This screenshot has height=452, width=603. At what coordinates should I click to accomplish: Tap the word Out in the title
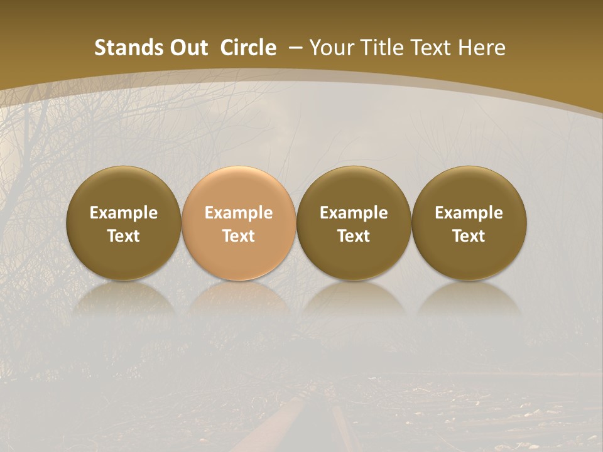pos(187,48)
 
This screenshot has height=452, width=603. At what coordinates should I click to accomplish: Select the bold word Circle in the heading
pos(248,48)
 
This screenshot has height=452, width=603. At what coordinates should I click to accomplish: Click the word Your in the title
pos(330,48)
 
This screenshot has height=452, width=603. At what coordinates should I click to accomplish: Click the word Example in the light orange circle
pos(239,213)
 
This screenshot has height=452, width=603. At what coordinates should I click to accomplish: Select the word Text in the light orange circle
pos(239,236)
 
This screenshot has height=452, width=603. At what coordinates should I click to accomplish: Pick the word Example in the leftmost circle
pos(124,213)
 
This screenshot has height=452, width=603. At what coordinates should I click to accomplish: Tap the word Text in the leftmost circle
pos(124,236)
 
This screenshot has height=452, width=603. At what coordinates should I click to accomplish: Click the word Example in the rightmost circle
pos(469,213)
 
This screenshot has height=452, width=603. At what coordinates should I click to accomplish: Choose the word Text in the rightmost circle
pos(469,236)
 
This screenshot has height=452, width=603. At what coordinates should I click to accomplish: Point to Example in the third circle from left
pos(354,213)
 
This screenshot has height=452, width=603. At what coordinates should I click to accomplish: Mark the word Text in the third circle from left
pos(354,236)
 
